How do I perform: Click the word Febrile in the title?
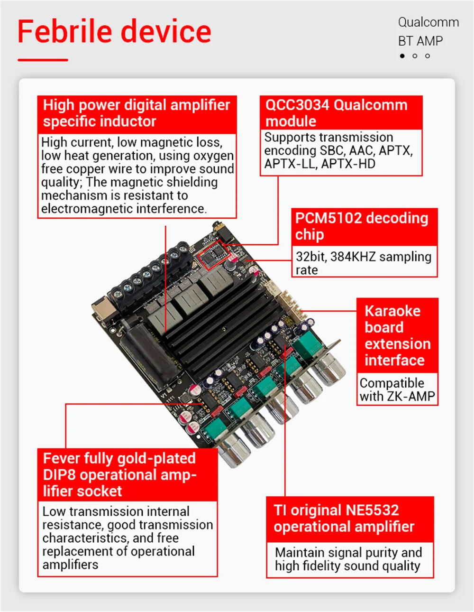pos(64,31)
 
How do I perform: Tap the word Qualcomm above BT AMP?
pos(428,22)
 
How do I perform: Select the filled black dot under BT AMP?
pos(402,56)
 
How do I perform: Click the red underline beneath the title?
pos(43,60)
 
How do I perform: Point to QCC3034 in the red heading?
pos(297,105)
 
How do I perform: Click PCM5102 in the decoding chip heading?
pos(328,218)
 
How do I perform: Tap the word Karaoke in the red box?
pos(392,311)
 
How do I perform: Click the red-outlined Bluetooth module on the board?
pos(214,255)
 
